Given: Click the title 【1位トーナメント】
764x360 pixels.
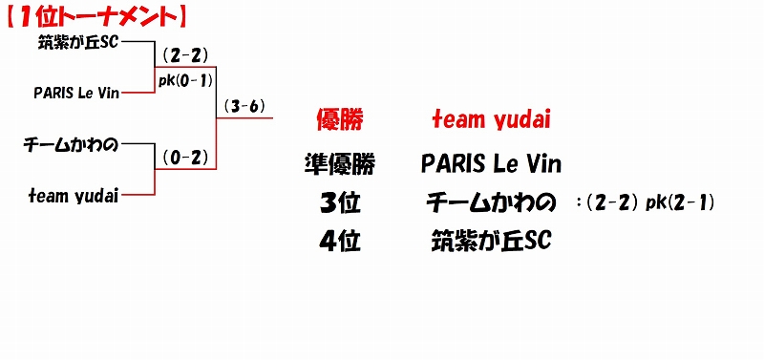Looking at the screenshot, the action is [95, 17].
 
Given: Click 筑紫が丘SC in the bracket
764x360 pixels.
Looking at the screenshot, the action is [78, 43].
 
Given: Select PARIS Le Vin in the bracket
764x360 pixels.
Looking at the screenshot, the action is [76, 93].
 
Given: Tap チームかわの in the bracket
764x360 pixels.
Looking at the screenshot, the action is [71, 145].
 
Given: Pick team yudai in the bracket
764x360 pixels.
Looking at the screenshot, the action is [74, 196].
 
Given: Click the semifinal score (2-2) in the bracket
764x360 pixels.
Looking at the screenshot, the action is [185, 56].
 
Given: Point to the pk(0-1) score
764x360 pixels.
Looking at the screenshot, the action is [185, 81].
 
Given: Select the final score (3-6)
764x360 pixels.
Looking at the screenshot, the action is [244, 107].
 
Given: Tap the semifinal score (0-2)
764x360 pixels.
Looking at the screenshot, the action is [185, 158].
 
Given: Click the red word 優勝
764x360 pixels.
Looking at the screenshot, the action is [340, 119].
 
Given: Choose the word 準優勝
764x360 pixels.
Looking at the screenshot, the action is [340, 164].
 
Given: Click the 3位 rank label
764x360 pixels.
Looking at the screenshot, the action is [340, 203].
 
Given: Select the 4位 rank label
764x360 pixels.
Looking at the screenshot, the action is [340, 242].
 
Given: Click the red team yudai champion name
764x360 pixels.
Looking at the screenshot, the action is [491, 119].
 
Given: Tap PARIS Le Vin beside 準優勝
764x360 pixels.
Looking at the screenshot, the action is [491, 164].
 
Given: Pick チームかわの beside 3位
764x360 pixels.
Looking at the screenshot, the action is [491, 203].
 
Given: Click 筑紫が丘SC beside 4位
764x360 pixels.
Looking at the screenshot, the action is [491, 242].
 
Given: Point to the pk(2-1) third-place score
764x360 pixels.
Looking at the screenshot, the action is [680, 203].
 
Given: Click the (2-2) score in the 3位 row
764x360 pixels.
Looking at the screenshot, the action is [613, 203].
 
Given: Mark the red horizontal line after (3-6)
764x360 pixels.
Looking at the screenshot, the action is [244, 117].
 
